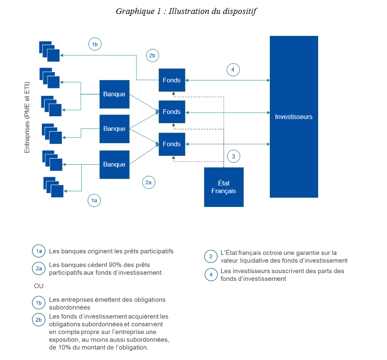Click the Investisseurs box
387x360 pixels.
coord(294,116)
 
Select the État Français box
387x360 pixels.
coord(224,187)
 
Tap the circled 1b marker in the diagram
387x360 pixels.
coord(94,45)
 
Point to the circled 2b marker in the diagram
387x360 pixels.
coord(152,56)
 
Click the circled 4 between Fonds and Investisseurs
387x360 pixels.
coord(233,70)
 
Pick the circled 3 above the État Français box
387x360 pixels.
coord(234,156)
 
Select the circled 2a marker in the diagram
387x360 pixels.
coord(148,183)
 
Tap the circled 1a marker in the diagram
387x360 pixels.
coord(94,200)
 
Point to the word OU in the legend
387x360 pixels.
coord(39,286)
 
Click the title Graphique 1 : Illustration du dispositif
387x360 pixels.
coord(186,12)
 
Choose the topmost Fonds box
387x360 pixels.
coord(172,80)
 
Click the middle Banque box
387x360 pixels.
coord(114,129)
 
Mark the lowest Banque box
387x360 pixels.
coord(114,165)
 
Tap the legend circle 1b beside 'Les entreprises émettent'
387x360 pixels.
coord(39,303)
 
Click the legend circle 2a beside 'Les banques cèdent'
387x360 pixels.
coord(39,268)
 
